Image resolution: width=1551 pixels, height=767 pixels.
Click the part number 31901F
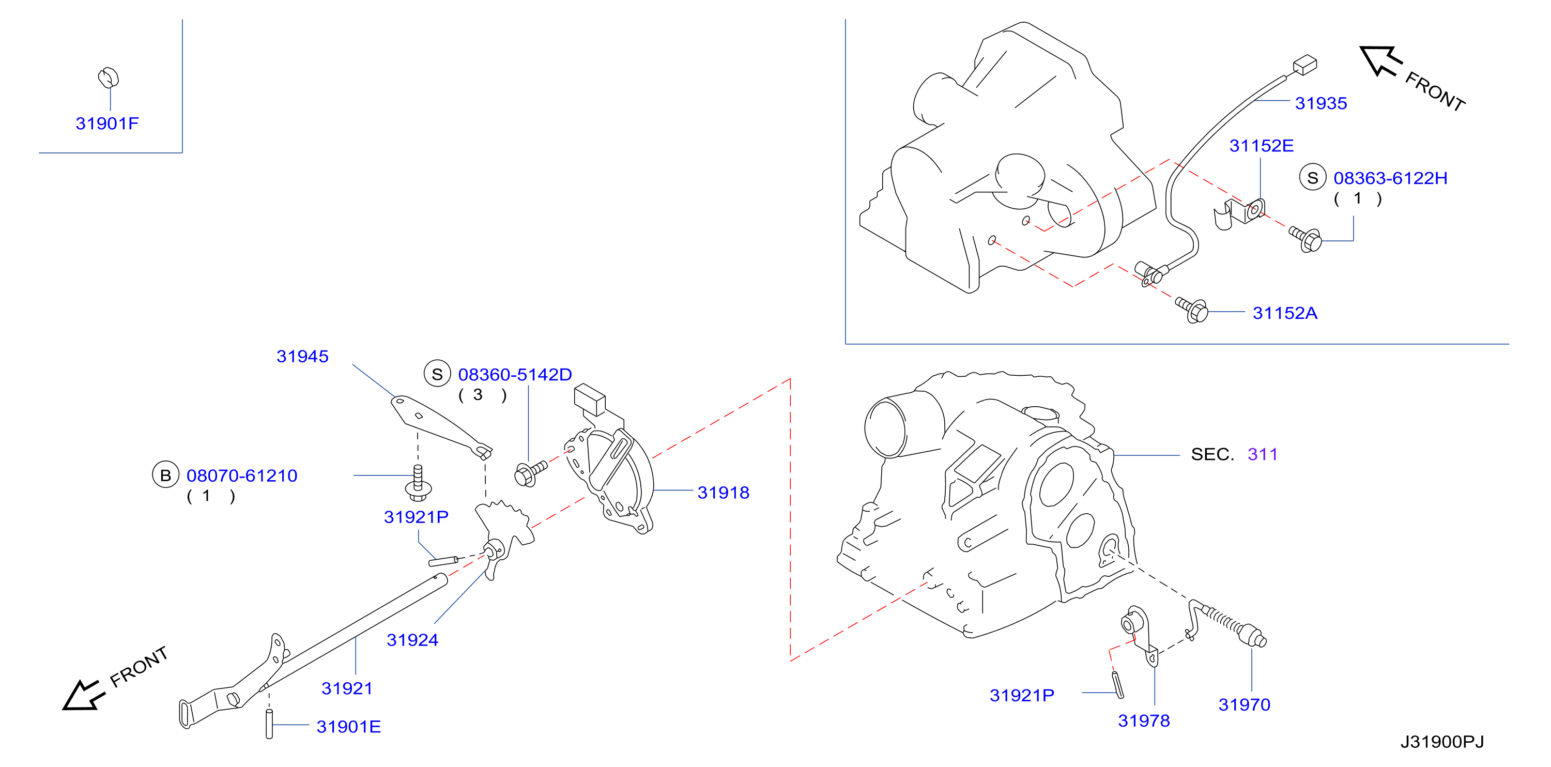coord(107,124)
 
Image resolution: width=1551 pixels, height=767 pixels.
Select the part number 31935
coord(1321,103)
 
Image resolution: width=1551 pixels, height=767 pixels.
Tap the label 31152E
coord(1262,146)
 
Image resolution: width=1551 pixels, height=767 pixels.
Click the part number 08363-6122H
coord(1390,178)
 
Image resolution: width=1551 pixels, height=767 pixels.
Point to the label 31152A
coord(1285,313)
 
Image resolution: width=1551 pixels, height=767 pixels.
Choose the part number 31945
coord(302,357)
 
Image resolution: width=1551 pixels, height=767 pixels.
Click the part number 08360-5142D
coord(515,375)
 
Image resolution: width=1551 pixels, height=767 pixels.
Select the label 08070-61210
coord(242,475)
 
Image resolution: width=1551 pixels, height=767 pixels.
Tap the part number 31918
coord(723,493)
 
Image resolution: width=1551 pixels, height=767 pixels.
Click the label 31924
coord(412,640)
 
